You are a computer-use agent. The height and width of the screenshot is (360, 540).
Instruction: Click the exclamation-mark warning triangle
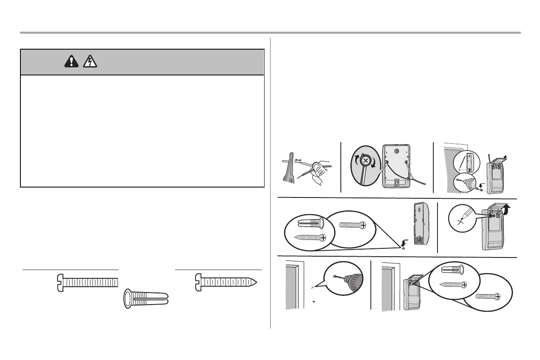72,62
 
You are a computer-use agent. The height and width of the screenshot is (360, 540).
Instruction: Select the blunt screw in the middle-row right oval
352,225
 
